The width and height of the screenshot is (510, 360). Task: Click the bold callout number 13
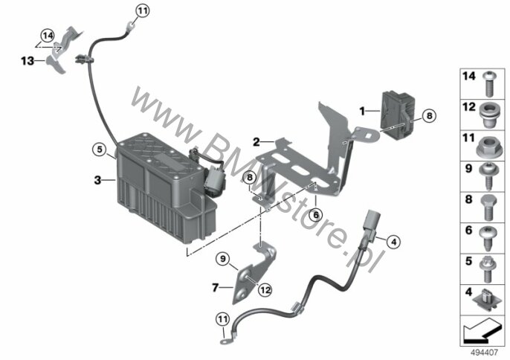click(x=28, y=61)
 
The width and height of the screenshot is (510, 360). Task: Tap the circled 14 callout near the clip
click(x=48, y=36)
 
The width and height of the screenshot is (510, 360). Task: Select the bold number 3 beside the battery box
click(x=97, y=180)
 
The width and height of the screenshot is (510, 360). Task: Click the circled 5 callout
click(x=99, y=150)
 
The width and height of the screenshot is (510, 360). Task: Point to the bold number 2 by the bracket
click(x=256, y=142)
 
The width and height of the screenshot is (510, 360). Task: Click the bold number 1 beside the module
click(x=362, y=112)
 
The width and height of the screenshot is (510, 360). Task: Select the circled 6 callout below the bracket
click(x=316, y=215)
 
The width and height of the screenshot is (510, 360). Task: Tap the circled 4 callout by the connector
click(x=393, y=242)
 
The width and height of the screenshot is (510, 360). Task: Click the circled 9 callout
click(x=223, y=259)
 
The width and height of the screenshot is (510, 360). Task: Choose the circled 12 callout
click(x=265, y=289)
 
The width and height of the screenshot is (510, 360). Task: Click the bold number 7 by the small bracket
click(x=215, y=288)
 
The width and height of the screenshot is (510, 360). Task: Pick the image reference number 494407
click(x=484, y=353)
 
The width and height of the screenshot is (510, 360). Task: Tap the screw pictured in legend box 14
click(x=488, y=83)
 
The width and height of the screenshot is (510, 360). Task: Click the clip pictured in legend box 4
click(x=486, y=300)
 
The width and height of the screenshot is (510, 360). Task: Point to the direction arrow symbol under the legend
click(x=482, y=330)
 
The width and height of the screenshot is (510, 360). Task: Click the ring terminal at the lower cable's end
click(x=225, y=341)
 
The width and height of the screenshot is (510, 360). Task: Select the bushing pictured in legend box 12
click(x=488, y=115)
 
